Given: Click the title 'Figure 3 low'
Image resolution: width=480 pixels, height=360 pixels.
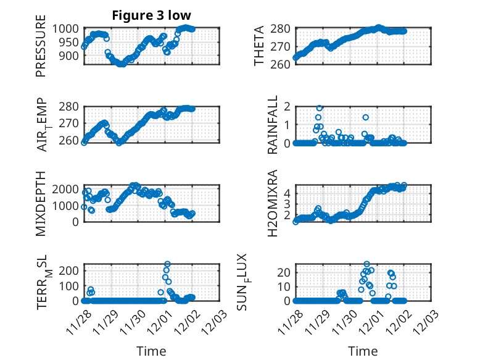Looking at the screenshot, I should click(x=151, y=15).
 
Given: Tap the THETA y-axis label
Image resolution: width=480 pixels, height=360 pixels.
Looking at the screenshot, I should click(x=259, y=46).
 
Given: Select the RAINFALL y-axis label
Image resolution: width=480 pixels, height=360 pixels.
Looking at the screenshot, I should click(x=273, y=125).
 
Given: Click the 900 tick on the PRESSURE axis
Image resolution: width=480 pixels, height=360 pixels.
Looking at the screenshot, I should click(x=70, y=56).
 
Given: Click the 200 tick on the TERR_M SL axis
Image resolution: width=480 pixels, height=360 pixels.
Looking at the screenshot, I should click(x=70, y=270).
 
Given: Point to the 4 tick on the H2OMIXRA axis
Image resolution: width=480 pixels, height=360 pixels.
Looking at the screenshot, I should click(x=286, y=193).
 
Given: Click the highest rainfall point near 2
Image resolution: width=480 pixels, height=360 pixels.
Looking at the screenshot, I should click(x=320, y=107).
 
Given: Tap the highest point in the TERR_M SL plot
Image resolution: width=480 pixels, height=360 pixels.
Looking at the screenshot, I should click(x=167, y=264).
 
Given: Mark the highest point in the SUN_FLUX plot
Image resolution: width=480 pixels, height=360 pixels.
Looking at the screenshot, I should click(x=367, y=264).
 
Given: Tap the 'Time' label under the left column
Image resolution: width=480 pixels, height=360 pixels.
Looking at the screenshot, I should click(x=151, y=351).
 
